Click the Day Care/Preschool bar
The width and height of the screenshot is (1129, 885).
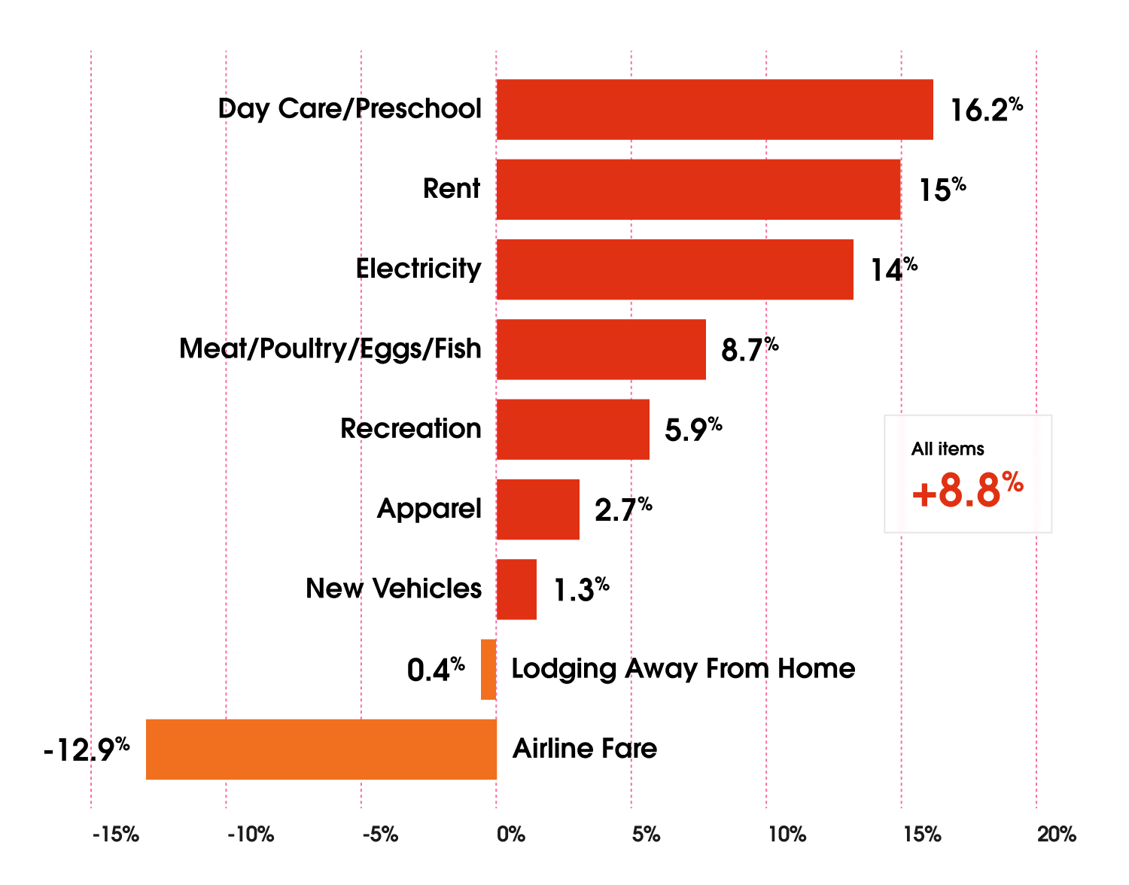pos(714,110)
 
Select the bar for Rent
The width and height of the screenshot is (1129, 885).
pos(698,190)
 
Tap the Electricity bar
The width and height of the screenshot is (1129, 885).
pos(674,269)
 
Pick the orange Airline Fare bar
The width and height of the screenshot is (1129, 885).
pos(321,750)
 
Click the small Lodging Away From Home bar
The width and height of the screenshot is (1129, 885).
pos(488,670)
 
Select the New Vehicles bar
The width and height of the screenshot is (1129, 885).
pos(516,589)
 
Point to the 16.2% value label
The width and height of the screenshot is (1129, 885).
pos(985,110)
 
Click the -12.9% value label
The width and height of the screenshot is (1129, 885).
pos(87,750)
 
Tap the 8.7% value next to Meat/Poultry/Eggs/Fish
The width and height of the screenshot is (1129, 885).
pos(749,350)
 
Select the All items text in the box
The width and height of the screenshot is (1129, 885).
pos(948,449)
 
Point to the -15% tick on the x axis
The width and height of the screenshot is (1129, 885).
pos(116,835)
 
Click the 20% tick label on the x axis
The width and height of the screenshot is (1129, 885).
pos(1057,835)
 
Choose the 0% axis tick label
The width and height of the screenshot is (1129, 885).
pos(511,835)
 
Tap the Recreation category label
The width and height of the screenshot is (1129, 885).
pos(410,429)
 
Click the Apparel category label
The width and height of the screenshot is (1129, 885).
pos(429,509)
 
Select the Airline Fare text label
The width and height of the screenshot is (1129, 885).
pos(584,749)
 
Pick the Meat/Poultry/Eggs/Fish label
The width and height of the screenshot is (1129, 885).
pos(330,349)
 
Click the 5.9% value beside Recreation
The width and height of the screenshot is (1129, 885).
pos(692,430)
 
